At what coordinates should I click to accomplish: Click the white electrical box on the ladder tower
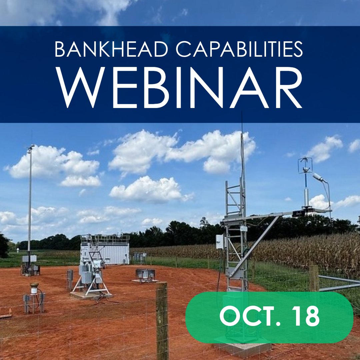pos(220,242)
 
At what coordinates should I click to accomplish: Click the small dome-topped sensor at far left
pos(34,288)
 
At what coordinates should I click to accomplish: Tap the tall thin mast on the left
pos(30,200)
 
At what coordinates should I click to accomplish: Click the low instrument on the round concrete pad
pos(145,275)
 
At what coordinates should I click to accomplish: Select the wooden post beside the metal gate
pos(314,278)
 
